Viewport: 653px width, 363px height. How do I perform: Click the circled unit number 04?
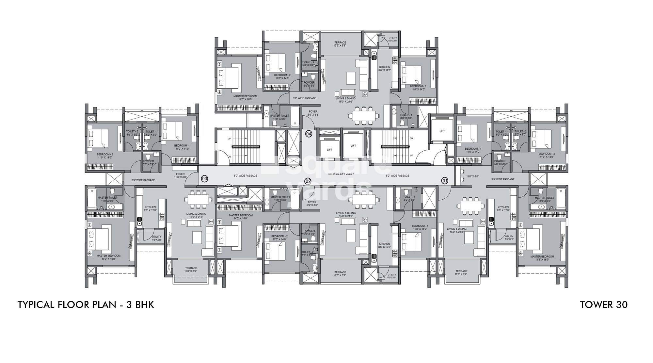tap(309, 134)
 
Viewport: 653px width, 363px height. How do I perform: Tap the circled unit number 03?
tap(204, 179)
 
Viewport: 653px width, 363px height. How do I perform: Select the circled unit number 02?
tap(307, 181)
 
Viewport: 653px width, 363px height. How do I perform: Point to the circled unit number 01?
tap(444, 181)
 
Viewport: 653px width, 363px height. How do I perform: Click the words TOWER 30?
tap(603, 305)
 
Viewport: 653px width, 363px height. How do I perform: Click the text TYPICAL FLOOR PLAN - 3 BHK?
tap(86, 305)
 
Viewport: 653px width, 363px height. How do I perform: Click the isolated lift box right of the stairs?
tap(442, 131)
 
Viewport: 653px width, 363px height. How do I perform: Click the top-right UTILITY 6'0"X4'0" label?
tap(392, 39)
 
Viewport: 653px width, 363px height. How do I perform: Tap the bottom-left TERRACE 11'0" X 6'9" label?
tap(191, 270)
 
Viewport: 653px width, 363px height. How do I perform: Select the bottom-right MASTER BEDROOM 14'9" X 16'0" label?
tap(542, 258)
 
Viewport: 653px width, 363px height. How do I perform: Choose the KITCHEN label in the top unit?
tap(385, 69)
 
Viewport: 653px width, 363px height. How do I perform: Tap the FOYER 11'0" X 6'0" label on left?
tap(180, 175)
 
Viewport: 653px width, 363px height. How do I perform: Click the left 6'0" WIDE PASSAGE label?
tap(245, 176)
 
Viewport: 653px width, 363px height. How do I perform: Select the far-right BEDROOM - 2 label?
tap(547, 155)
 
